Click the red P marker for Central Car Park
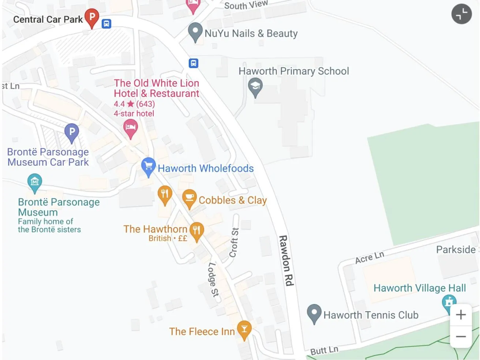point(92,17)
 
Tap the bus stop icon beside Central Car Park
point(106,24)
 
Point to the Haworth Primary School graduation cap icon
point(255,87)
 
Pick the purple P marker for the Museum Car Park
point(72,132)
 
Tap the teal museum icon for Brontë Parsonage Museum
point(35,181)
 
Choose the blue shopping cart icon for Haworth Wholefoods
point(148,166)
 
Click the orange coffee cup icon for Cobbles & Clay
point(189,198)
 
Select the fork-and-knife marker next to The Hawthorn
point(196,231)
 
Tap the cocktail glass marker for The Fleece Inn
point(244,329)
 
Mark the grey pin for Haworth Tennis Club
point(314,313)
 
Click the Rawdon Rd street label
point(286,260)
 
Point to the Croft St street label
point(234,242)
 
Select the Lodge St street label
point(213,280)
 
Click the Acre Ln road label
point(370,257)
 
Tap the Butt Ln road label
point(324,350)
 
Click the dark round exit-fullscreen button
point(461,14)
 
